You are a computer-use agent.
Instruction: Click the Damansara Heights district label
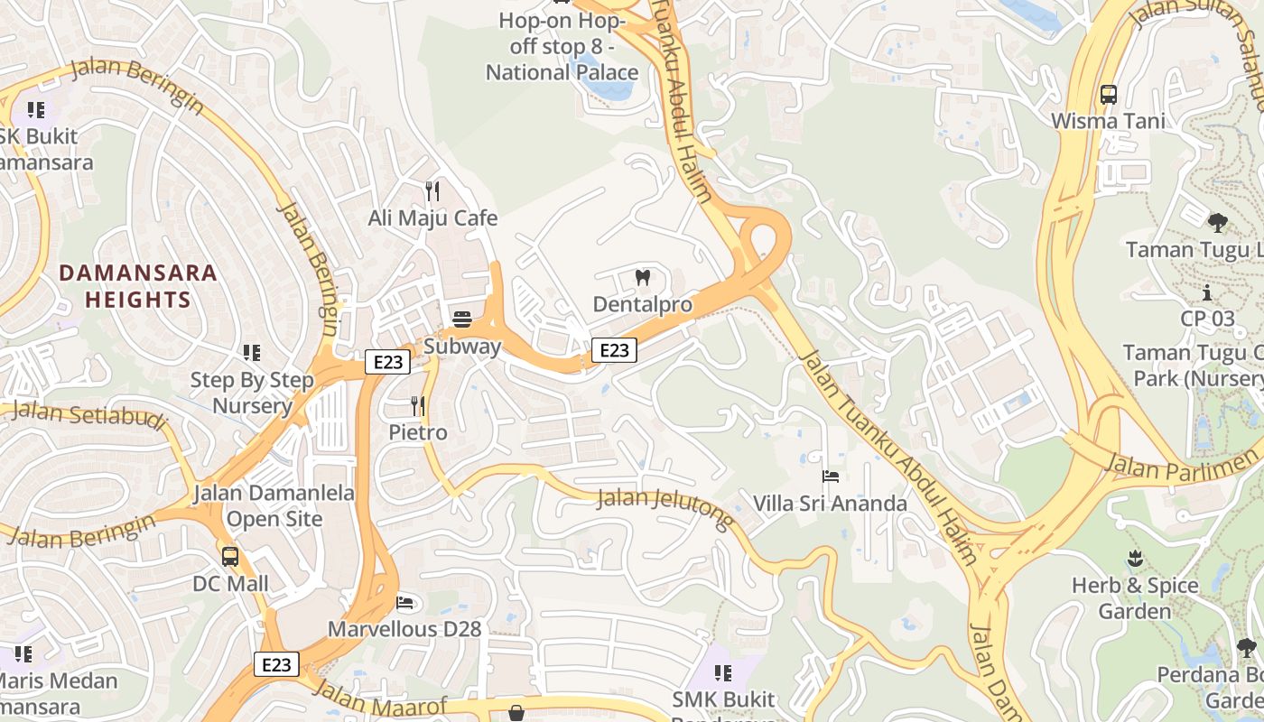[138, 286]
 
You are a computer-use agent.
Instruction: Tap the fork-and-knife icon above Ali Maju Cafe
[432, 191]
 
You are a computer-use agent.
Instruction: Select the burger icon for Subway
[462, 319]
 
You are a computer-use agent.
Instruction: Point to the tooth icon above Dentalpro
[643, 277]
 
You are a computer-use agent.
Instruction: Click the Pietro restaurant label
[418, 432]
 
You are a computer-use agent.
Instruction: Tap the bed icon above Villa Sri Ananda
[831, 476]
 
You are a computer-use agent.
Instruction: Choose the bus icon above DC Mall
[230, 557]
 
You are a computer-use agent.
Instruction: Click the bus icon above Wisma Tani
[1108, 95]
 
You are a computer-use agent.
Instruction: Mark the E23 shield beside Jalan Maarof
[276, 664]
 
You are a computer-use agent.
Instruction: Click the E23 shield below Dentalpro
[614, 350]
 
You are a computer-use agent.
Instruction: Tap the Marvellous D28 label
[404, 629]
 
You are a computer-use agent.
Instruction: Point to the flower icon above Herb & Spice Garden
[1135, 559]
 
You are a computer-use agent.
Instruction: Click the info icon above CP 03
[1207, 292]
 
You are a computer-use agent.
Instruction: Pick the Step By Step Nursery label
[252, 393]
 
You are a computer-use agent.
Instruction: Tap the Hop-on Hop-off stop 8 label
[562, 46]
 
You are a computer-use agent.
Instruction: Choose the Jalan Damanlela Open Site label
[274, 506]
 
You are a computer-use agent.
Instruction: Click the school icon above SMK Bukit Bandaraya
[722, 672]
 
